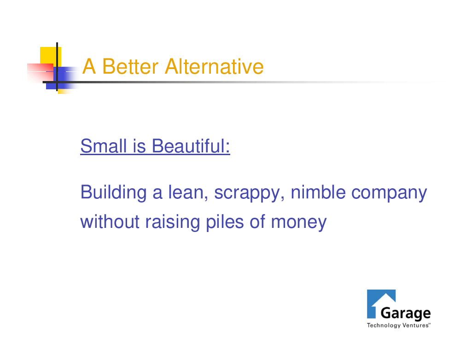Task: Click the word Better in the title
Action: [130, 66]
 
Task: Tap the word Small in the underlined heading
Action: [104, 146]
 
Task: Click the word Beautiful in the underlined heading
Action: [191, 146]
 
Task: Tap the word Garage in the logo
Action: [405, 314]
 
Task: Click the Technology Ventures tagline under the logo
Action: [398, 325]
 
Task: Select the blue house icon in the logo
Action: [381, 303]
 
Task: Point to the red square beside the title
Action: [40, 73]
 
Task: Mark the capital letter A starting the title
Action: [89, 66]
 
